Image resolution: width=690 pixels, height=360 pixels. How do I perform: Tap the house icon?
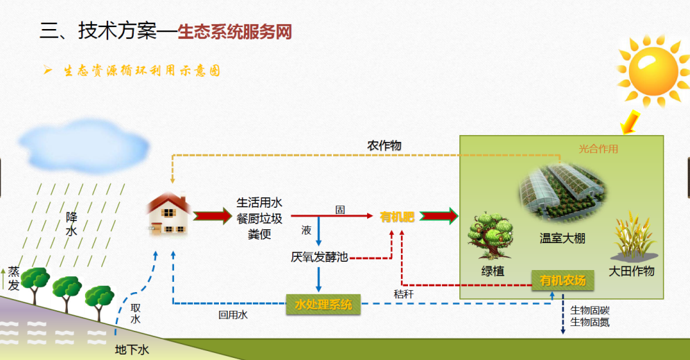point(169,214)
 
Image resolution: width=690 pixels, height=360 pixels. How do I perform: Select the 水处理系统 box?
point(324,304)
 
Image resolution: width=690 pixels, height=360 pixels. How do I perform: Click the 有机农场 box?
point(563,280)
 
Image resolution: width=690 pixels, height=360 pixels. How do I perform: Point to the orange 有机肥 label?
point(397,217)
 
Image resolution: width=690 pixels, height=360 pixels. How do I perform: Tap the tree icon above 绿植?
point(490,232)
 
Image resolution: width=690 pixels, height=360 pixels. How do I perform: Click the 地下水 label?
point(132,350)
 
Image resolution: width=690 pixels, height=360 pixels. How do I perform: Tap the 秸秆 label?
point(403,294)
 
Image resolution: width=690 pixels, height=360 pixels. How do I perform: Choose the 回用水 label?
point(233,315)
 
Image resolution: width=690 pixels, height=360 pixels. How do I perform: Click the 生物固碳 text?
point(590,309)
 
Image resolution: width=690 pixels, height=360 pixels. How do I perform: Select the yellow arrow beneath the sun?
point(630,122)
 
